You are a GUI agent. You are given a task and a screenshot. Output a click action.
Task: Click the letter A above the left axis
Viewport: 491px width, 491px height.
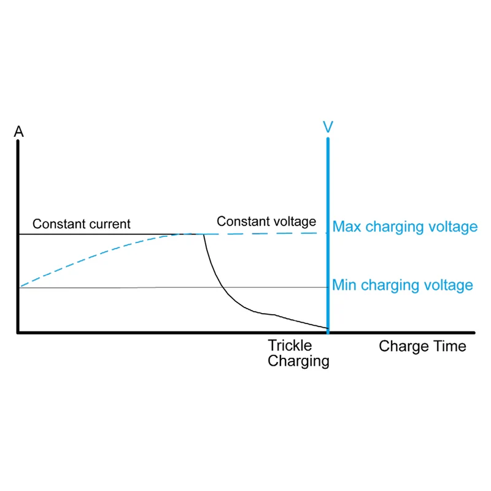pyautogui.click(x=19, y=131)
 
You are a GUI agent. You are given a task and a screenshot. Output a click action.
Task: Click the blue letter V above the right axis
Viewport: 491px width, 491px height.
pyautogui.click(x=328, y=127)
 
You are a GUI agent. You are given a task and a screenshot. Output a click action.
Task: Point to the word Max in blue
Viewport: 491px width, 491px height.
pyautogui.click(x=347, y=226)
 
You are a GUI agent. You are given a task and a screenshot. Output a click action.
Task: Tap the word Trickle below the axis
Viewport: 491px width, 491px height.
pyautogui.click(x=290, y=346)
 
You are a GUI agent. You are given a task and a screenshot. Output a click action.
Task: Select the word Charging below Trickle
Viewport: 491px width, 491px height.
pyautogui.click(x=298, y=361)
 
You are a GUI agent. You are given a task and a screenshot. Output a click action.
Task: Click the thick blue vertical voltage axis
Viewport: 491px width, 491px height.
pyautogui.click(x=328, y=236)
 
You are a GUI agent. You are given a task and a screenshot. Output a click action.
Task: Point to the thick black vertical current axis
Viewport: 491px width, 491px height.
pyautogui.click(x=18, y=236)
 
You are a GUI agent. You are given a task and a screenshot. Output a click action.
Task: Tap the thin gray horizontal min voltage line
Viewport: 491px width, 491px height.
pyautogui.click(x=173, y=287)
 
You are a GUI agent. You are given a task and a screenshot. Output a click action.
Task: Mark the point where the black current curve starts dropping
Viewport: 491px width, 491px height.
pyautogui.click(x=204, y=234)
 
